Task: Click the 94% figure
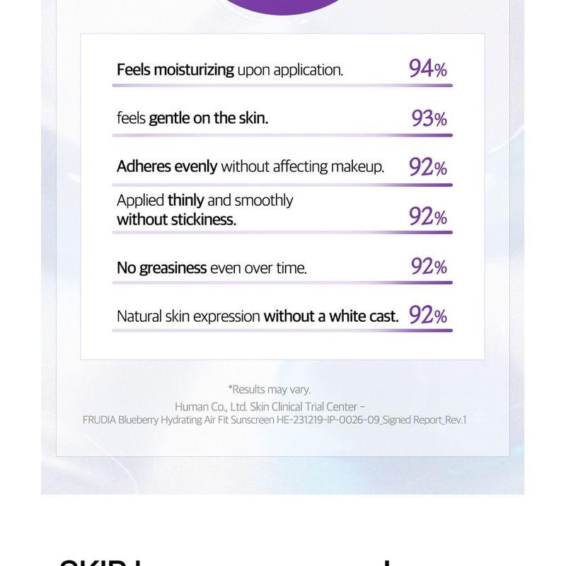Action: click(427, 69)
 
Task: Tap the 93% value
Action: click(429, 118)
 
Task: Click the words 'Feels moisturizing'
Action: click(175, 69)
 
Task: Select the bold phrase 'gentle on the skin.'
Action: click(208, 118)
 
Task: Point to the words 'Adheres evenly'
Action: click(167, 166)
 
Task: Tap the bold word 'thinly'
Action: click(185, 200)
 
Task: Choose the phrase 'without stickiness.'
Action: click(176, 219)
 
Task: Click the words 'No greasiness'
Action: click(161, 268)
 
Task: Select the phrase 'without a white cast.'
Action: click(331, 316)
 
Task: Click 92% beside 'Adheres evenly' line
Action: click(427, 167)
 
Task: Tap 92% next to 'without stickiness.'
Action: click(427, 216)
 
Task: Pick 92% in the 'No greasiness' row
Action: click(429, 266)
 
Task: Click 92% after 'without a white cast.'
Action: click(427, 315)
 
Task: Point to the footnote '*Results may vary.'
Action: click(269, 389)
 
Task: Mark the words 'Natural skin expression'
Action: click(188, 316)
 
